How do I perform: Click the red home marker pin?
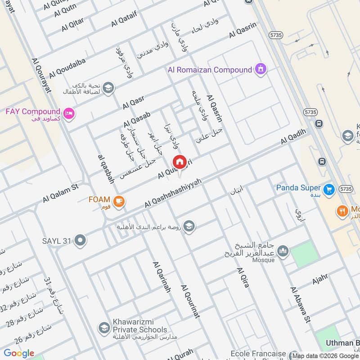(x=179, y=162)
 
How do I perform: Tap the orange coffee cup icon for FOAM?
(x=119, y=201)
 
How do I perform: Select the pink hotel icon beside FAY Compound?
(x=68, y=112)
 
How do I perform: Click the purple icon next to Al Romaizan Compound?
(x=260, y=69)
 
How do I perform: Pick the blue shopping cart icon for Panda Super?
(x=329, y=189)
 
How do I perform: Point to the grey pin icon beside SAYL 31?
(x=81, y=241)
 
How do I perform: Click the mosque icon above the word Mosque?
(x=283, y=251)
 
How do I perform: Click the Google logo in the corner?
(x=19, y=353)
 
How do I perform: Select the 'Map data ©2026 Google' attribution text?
(x=324, y=355)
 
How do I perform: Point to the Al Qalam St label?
(x=61, y=192)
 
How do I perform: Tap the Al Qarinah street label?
(x=162, y=277)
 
